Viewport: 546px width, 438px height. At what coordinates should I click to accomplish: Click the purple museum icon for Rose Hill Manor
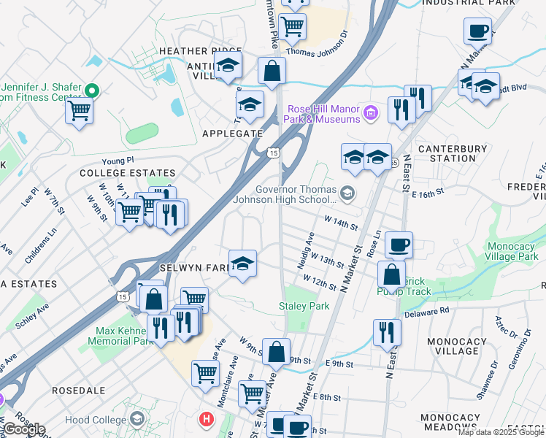coord(371,112)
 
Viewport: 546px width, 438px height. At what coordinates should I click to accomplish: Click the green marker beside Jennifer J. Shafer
coord(91,91)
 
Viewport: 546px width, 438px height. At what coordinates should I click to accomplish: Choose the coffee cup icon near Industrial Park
coord(477,31)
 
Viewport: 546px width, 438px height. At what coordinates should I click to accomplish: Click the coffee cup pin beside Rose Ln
coord(399,245)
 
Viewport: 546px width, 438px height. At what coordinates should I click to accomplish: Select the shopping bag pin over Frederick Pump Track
coord(391,275)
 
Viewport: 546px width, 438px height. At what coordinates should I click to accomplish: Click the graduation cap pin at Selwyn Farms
coord(242,264)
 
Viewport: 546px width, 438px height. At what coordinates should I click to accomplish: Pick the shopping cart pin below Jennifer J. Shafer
coord(79,112)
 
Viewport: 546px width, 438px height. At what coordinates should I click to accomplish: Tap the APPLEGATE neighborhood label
coord(231,134)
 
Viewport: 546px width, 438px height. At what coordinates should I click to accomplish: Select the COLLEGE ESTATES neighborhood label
coord(127,173)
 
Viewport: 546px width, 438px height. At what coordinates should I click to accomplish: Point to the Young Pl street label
coord(118,159)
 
